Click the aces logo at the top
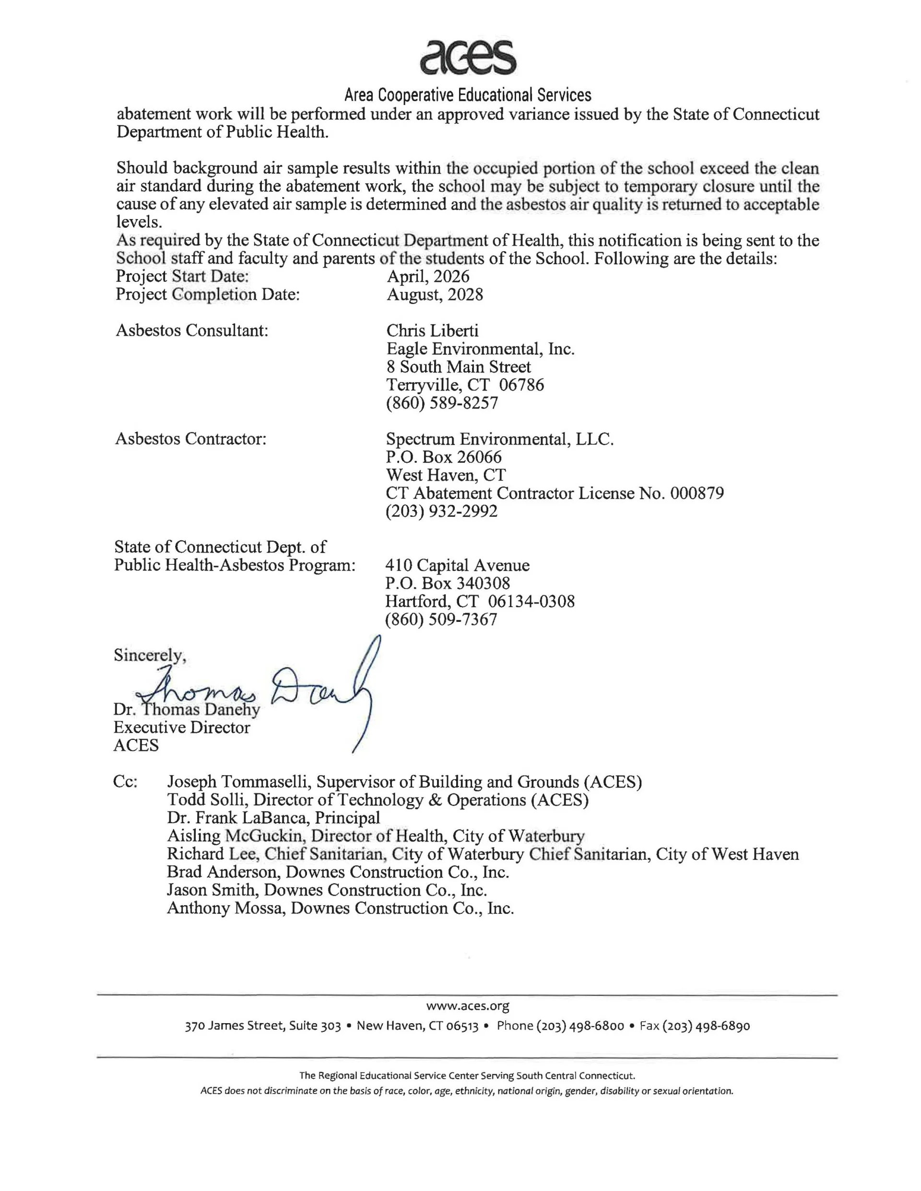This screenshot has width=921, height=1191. (x=468, y=57)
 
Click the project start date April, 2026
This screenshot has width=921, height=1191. (x=428, y=277)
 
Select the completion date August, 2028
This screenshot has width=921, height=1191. (x=435, y=294)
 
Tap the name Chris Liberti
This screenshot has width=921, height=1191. (x=432, y=330)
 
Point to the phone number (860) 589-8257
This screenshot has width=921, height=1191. (x=442, y=403)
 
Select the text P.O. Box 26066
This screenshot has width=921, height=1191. (x=444, y=457)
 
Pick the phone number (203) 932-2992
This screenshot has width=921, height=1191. (x=441, y=511)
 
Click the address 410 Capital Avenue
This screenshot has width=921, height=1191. (x=457, y=565)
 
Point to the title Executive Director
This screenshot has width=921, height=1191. (x=182, y=727)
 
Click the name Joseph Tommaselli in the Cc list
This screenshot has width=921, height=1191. (x=238, y=782)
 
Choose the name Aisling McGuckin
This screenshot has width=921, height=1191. (x=235, y=836)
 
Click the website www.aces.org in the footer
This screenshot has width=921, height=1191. (x=468, y=1006)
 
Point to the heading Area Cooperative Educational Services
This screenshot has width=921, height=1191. (x=468, y=95)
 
